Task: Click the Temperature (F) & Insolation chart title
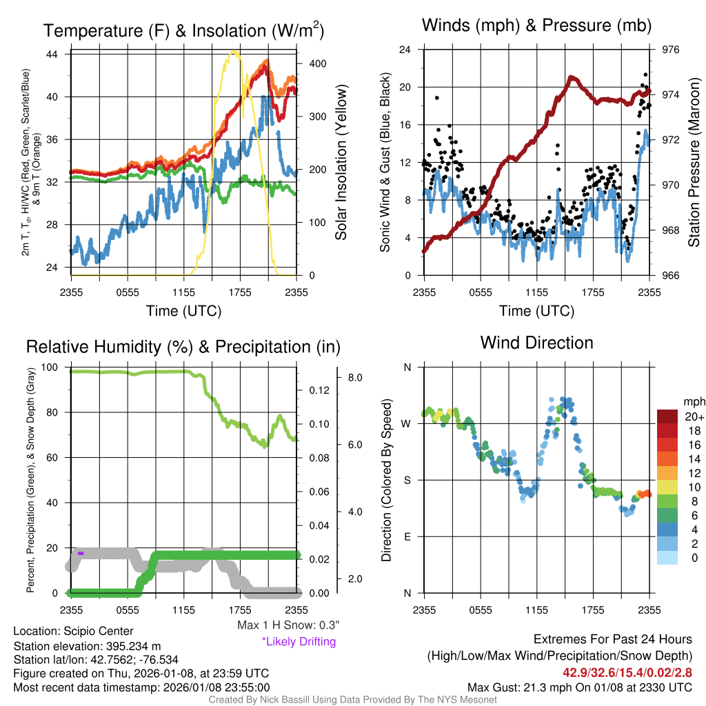pyautogui.click(x=183, y=30)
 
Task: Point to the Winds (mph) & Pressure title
pyautogui.click(x=536, y=26)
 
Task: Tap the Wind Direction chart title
pyautogui.click(x=536, y=343)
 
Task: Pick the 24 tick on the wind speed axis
pyautogui.click(x=405, y=50)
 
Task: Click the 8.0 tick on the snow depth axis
pyautogui.click(x=355, y=378)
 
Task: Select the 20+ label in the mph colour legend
pyautogui.click(x=690, y=417)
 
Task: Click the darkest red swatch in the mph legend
pyautogui.click(x=667, y=416)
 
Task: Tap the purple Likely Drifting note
pyautogui.click(x=299, y=641)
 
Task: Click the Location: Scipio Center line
pyautogui.click(x=73, y=631)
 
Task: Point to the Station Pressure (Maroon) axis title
pyautogui.click(x=694, y=162)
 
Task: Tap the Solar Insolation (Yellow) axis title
pyautogui.click(x=341, y=162)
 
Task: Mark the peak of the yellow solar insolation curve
pyautogui.click(x=235, y=52)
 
